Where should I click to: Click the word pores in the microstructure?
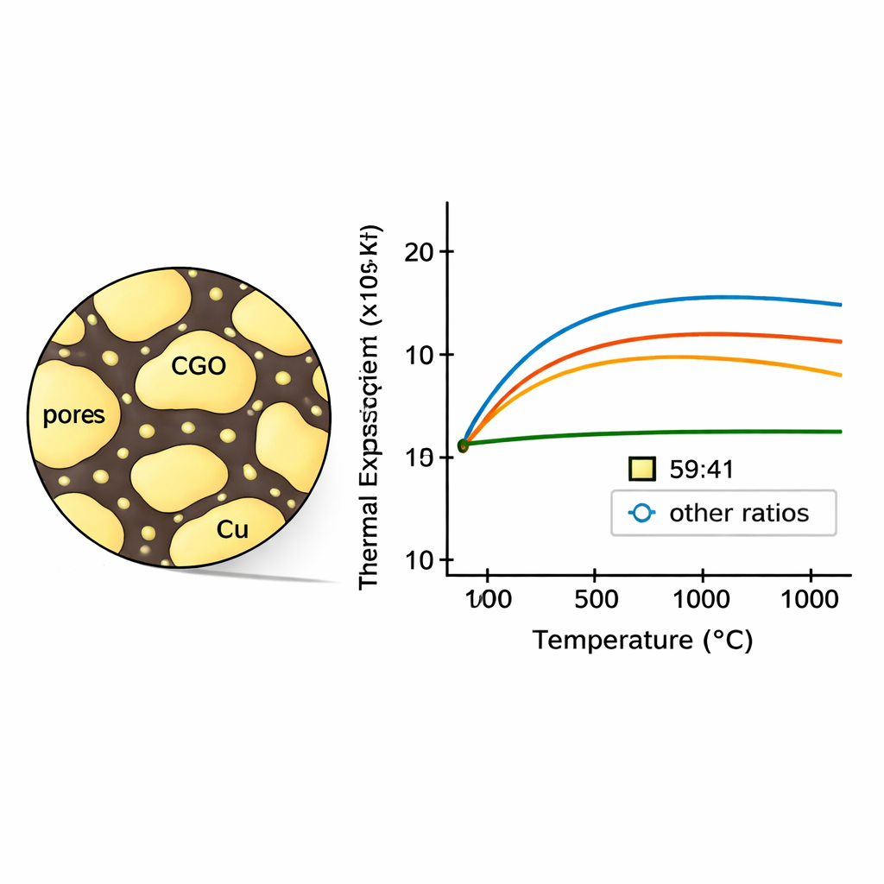click(x=73, y=415)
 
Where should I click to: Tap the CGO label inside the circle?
click(x=199, y=366)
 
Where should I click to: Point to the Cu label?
click(x=231, y=530)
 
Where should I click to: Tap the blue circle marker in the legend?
click(x=641, y=513)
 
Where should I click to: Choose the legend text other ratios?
click(x=739, y=513)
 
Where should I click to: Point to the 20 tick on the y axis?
click(x=419, y=251)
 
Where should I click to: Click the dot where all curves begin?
click(x=463, y=445)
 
